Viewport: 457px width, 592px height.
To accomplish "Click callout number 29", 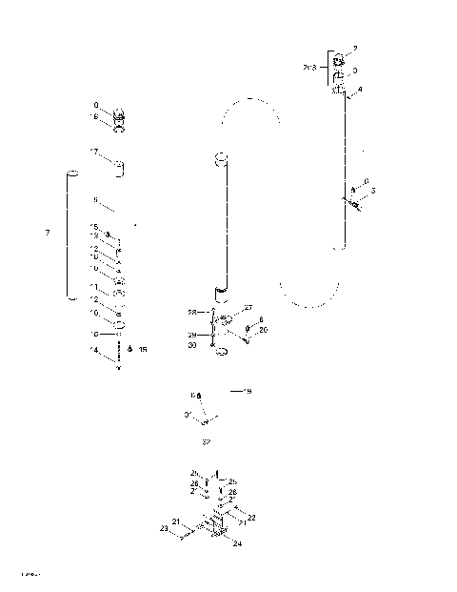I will pos(191,335).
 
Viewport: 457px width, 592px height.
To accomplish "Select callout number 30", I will pos(192,344).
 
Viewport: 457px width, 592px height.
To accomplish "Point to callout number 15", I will pos(143,351).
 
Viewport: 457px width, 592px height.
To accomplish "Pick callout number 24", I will pos(236,544).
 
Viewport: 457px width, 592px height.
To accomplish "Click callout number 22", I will pos(251,516).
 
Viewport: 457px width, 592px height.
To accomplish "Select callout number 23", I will pos(164,528).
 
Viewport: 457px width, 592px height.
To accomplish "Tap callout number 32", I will pos(206,441).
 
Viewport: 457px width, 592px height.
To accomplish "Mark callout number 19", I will pos(247,391).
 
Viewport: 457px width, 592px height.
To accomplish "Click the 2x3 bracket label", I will pos(309,68).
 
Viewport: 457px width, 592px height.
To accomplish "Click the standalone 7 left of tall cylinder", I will pos(47,232).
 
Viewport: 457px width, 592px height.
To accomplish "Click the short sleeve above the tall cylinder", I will pos(120,169).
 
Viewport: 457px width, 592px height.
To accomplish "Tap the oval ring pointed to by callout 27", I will pos(225,317).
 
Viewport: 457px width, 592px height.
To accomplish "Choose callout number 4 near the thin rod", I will pos(360,90).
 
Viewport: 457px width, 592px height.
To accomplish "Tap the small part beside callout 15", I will pos(129,350).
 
